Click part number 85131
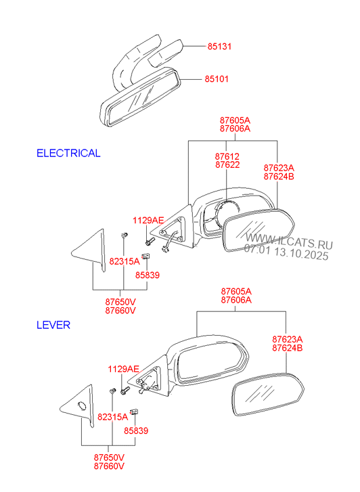(219, 47)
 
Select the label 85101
(217, 79)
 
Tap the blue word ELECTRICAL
(68, 153)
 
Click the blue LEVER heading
(53, 325)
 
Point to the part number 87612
(227, 156)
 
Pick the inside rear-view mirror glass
(141, 97)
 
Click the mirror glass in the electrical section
(258, 229)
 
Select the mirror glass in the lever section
(268, 395)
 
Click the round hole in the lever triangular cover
(81, 405)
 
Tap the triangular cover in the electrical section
(89, 250)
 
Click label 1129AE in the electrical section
(148, 220)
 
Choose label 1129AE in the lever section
(123, 369)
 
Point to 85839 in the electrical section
(148, 275)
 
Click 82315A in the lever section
(113, 417)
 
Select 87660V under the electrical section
(120, 311)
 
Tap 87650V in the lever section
(109, 457)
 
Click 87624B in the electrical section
(279, 177)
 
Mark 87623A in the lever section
(287, 340)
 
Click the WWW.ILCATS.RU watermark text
(289, 241)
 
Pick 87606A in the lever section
(236, 300)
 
